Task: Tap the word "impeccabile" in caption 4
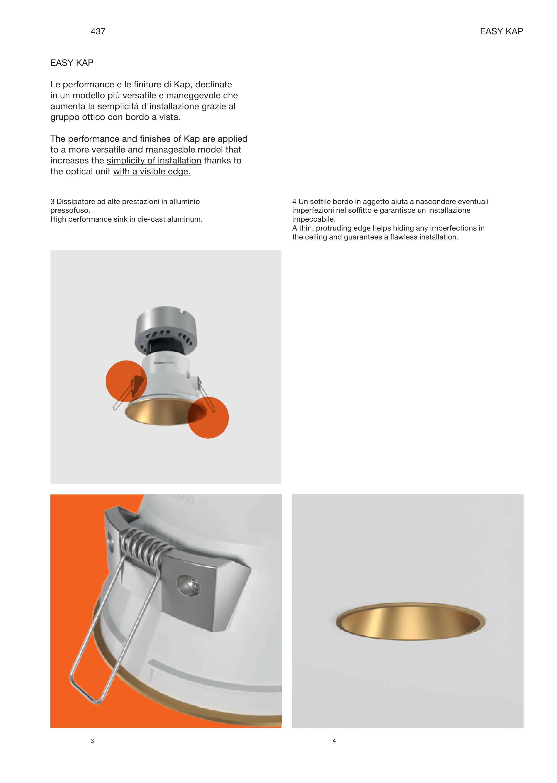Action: pyautogui.click(x=314, y=219)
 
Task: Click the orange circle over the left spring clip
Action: pyautogui.click(x=126, y=381)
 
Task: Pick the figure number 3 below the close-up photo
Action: pyautogui.click(x=92, y=741)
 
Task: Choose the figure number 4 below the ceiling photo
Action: pyautogui.click(x=334, y=741)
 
